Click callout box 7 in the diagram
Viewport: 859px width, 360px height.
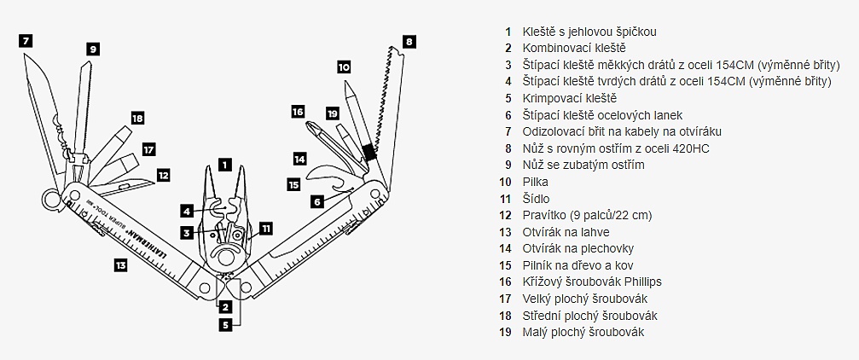pos(26,40)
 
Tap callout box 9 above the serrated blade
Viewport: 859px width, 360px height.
pos(92,49)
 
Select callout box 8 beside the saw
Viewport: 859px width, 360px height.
pos(409,40)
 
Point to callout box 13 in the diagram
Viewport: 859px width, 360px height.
pos(120,265)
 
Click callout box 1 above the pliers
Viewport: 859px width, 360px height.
pos(224,162)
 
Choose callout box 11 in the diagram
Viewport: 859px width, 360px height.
pos(266,228)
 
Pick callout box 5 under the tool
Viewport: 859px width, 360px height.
pos(224,324)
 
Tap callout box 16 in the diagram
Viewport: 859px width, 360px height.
pos(298,111)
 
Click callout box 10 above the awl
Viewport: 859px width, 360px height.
pos(344,66)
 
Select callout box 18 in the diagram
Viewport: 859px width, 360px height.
pos(137,118)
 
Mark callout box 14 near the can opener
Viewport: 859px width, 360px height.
pos(299,159)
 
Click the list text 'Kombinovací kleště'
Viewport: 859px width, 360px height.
pos(574,49)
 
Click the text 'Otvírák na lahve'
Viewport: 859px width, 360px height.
pos(566,232)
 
